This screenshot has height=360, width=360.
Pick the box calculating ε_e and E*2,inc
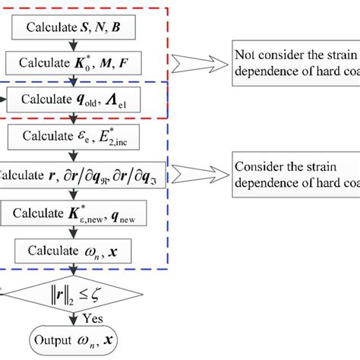[x=72, y=137]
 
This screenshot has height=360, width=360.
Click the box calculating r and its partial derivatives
[x=72, y=175]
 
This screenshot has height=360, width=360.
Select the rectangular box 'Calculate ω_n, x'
[x=72, y=250]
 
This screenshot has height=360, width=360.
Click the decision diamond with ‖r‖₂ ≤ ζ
[x=72, y=290]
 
